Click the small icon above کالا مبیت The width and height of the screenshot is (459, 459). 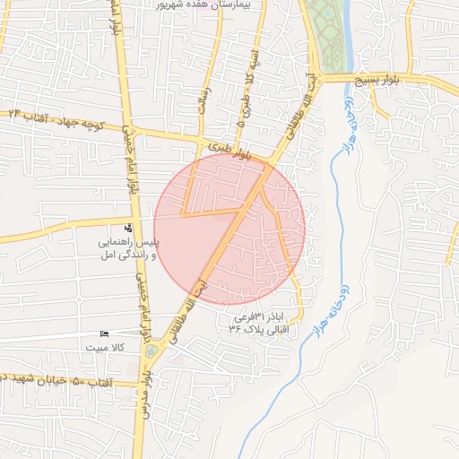[104, 333]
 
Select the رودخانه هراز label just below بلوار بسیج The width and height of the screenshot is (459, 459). [350, 126]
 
